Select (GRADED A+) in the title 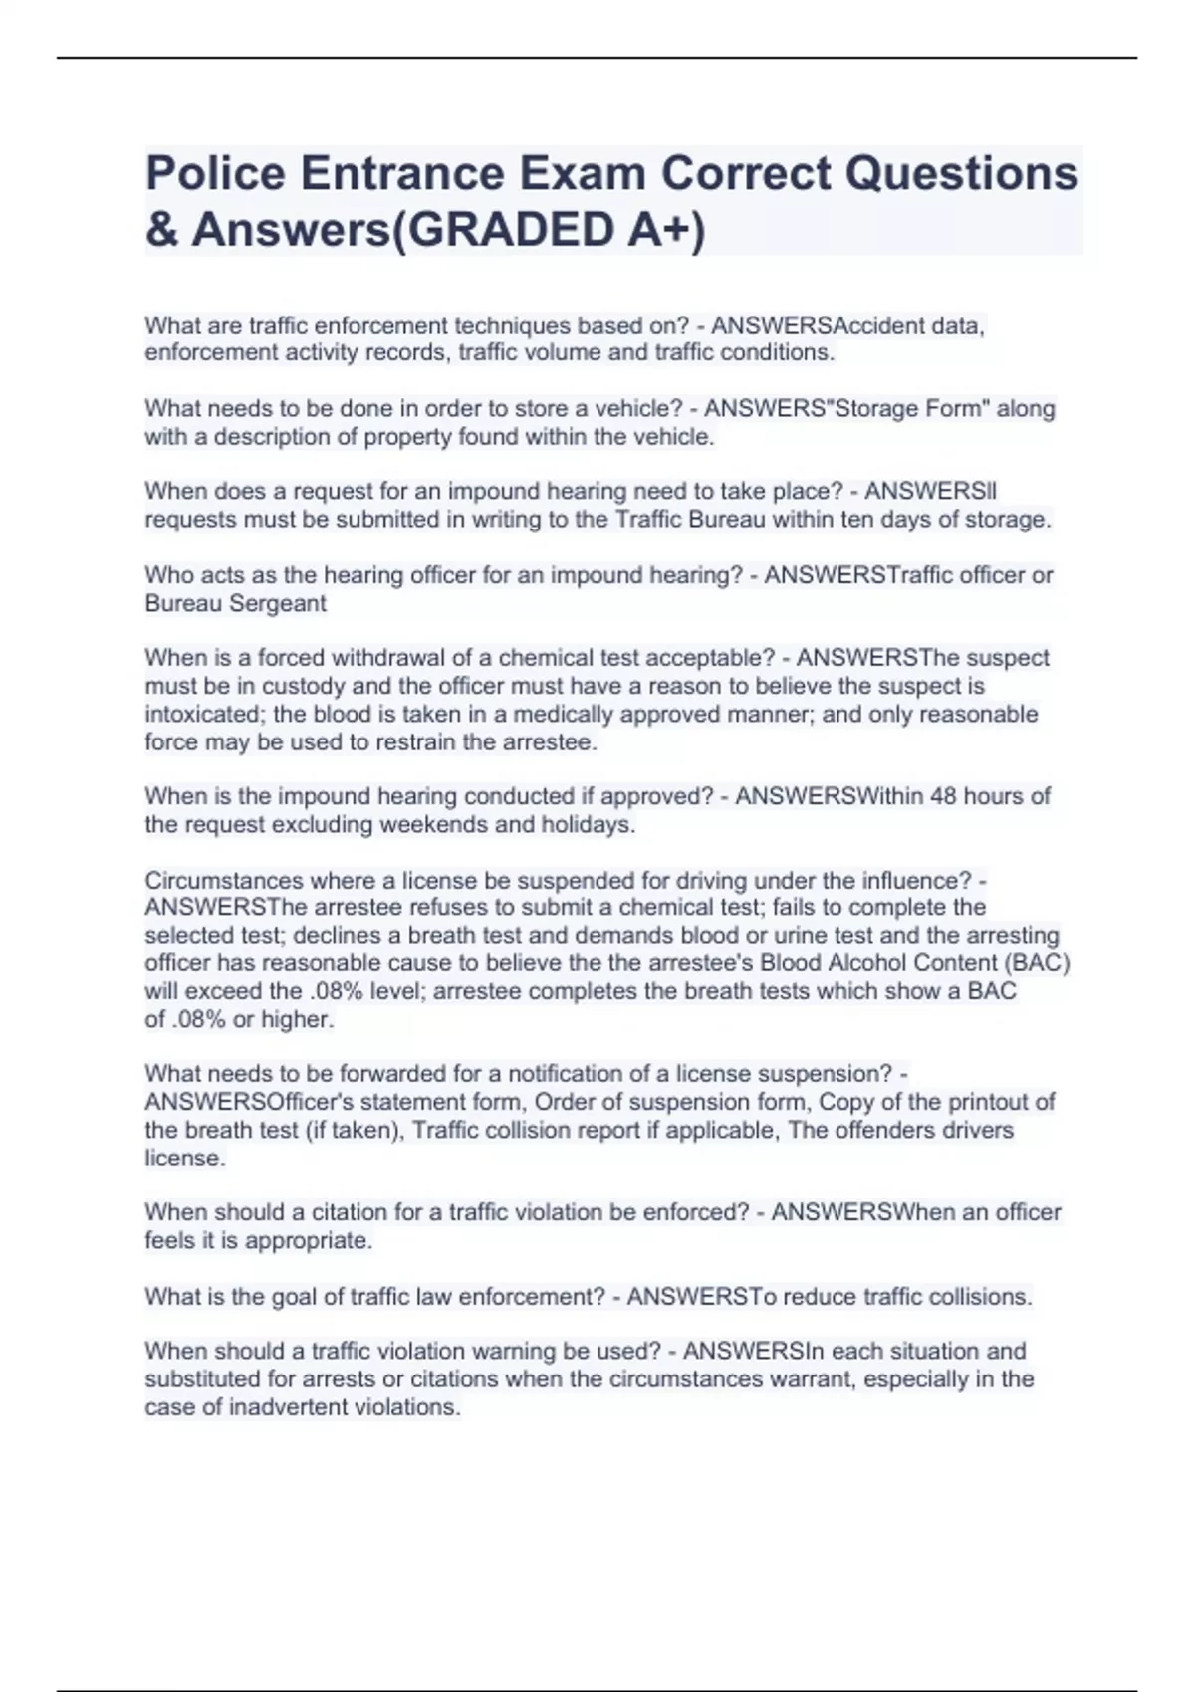(546, 230)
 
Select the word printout (989, 1102)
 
